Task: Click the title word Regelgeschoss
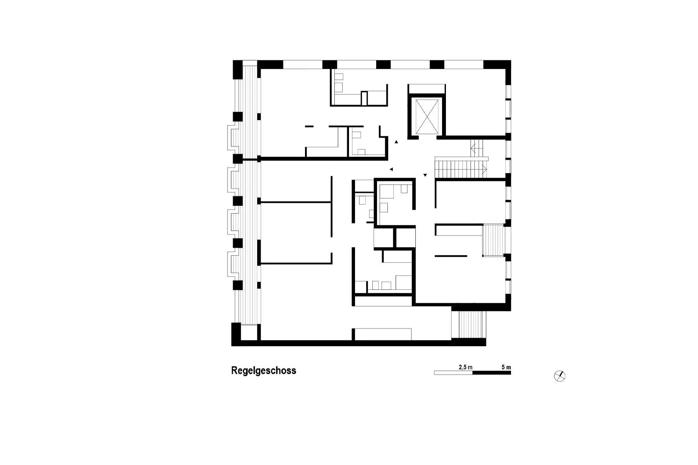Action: click(264, 371)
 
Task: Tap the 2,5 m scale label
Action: click(465, 367)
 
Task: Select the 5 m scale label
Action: click(506, 367)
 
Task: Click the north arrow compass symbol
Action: click(560, 376)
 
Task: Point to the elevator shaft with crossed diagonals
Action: click(427, 117)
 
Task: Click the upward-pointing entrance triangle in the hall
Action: click(396, 142)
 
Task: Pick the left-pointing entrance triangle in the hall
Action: click(391, 169)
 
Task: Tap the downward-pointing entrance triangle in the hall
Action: click(425, 175)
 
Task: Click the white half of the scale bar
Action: click(453, 373)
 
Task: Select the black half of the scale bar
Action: click(492, 373)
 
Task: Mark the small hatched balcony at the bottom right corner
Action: click(469, 324)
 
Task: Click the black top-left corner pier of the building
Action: click(237, 70)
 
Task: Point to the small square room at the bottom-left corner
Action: click(249, 332)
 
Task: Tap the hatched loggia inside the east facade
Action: click(493, 240)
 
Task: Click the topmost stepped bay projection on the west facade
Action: click(233, 138)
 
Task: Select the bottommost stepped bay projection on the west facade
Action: click(233, 264)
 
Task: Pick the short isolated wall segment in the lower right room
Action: click(451, 256)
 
